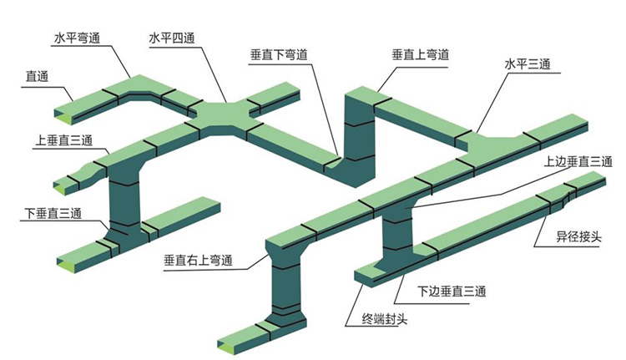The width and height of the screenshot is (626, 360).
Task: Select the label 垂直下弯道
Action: click(279, 55)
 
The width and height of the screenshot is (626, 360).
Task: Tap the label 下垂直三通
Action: click(53, 213)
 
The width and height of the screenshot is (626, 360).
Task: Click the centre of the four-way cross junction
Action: click(225, 115)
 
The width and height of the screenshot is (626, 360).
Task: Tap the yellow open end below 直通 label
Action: click(63, 112)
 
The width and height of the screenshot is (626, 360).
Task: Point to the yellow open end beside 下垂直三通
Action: click(62, 256)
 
